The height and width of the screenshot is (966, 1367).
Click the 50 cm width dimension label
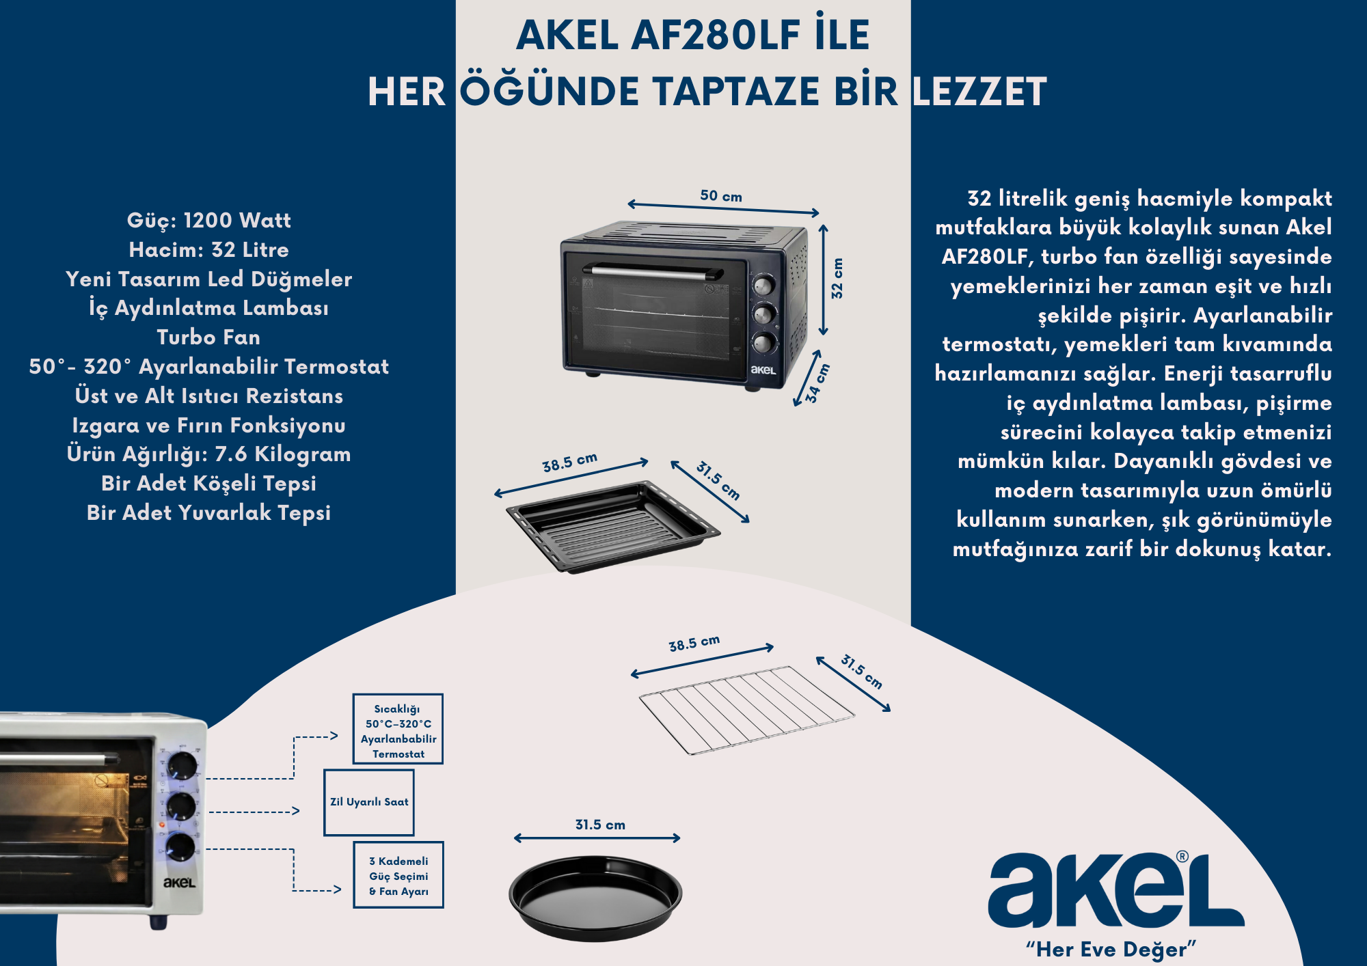point(721,196)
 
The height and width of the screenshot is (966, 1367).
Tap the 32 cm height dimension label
point(837,278)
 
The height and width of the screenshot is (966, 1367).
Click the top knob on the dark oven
point(764,286)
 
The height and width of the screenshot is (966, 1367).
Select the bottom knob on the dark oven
point(765,343)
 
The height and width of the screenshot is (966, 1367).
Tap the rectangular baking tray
point(613,526)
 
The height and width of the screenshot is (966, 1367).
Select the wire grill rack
point(746,710)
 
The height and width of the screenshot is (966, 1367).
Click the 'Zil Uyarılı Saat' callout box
point(369,802)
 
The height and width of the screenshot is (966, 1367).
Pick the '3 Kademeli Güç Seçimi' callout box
point(398,875)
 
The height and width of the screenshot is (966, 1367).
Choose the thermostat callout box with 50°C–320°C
point(398,729)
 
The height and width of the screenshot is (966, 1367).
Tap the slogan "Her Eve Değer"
point(1111,949)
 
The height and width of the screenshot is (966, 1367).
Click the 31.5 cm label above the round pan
point(600,825)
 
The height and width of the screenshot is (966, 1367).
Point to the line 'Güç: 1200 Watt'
point(209,221)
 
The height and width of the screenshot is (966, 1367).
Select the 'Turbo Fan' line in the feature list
point(208,337)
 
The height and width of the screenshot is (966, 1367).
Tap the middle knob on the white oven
point(182,806)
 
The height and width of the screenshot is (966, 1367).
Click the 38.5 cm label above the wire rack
point(694,644)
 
